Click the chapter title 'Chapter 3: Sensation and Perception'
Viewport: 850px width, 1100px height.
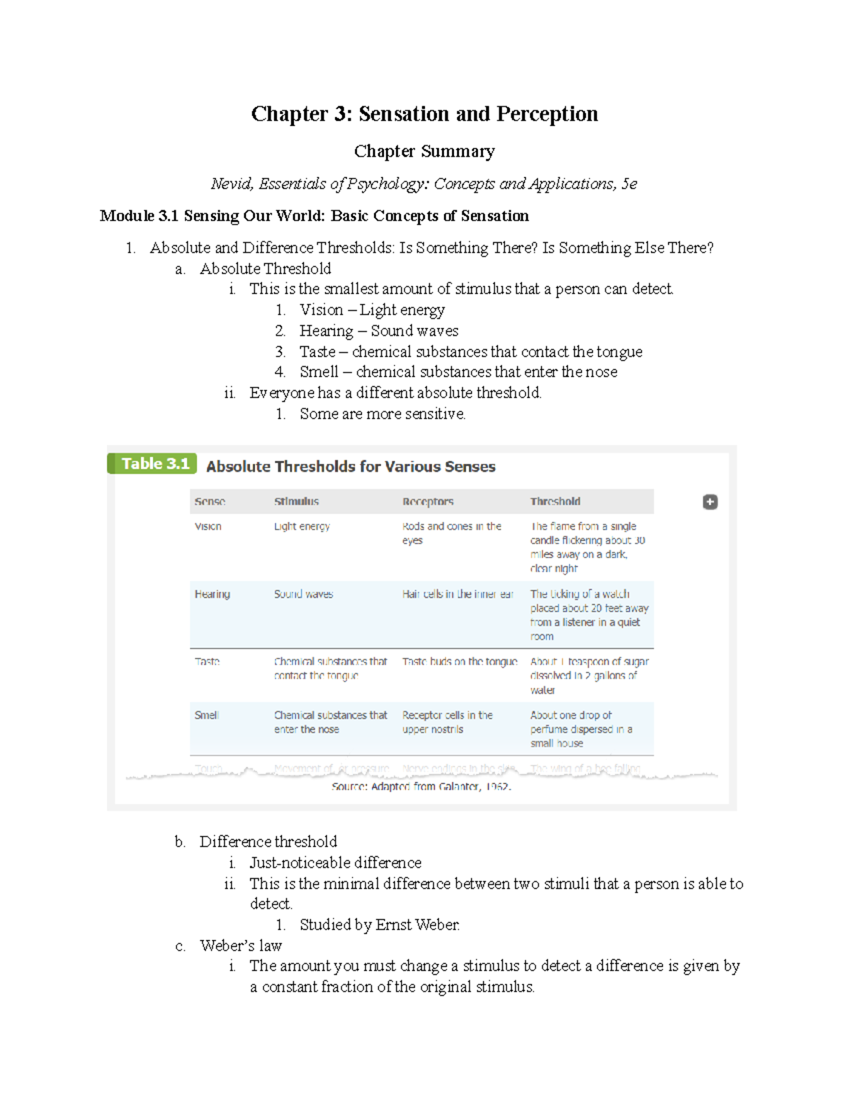pyautogui.click(x=424, y=114)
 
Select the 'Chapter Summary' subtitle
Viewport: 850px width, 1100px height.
pyautogui.click(x=424, y=152)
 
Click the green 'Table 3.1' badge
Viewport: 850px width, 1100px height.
pyautogui.click(x=153, y=464)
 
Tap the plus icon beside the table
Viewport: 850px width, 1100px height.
pyautogui.click(x=710, y=502)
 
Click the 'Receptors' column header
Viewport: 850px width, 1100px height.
pyautogui.click(x=428, y=501)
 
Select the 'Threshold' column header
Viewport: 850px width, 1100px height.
pyautogui.click(x=555, y=501)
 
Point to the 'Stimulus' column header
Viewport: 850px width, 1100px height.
pyautogui.click(x=296, y=501)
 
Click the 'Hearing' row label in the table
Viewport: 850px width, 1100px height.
pyautogui.click(x=212, y=594)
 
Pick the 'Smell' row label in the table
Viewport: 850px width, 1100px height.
pyautogui.click(x=207, y=715)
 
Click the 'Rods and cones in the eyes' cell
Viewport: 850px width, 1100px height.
pyautogui.click(x=451, y=533)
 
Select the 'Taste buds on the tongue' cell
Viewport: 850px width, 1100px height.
pyautogui.click(x=460, y=662)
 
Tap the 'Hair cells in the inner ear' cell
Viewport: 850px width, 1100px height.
pyautogui.click(x=458, y=594)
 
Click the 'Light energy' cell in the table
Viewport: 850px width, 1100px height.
pyautogui.click(x=302, y=526)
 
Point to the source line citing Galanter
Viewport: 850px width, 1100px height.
pyautogui.click(x=421, y=787)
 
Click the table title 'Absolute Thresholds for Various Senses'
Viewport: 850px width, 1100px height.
pyautogui.click(x=351, y=467)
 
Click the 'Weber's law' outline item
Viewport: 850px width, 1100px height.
pyautogui.click(x=241, y=946)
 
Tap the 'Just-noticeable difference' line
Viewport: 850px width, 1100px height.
pyautogui.click(x=335, y=863)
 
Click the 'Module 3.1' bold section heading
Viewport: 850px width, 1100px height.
pyautogui.click(x=314, y=216)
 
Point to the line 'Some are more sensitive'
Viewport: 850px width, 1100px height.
pyautogui.click(x=382, y=414)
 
